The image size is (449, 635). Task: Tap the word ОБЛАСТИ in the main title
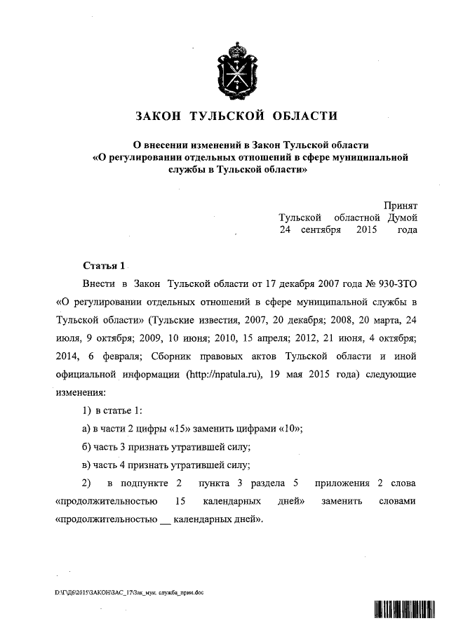point(302,116)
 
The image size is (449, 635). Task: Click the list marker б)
point(87,446)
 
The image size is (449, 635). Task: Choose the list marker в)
point(87,464)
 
